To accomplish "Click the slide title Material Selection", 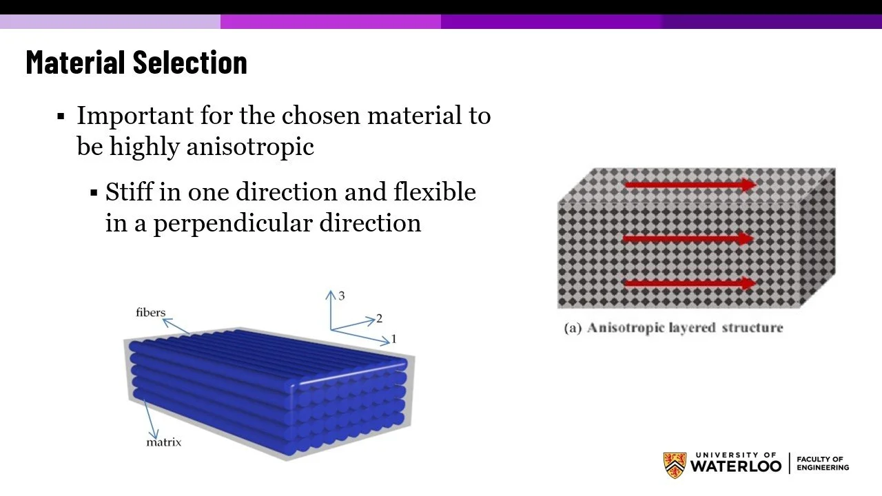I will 136,63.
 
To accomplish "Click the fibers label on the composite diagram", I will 150,313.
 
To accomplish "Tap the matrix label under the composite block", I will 163,442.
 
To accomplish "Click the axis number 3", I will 341,296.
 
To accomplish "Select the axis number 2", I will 379,319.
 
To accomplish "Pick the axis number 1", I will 393,339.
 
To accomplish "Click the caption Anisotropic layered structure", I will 673,328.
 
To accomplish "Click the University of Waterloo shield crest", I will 675,465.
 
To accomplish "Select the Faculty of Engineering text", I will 823,464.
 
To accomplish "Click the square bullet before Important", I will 61,116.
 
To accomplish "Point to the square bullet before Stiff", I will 94,192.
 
